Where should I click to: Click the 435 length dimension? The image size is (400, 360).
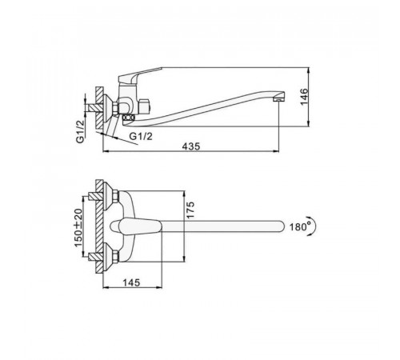click(191, 146)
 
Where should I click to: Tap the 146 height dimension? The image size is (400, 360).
click(304, 97)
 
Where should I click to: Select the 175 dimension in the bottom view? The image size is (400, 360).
click(190, 210)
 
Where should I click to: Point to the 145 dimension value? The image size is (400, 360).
click(131, 282)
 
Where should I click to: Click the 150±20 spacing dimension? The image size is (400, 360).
click(78, 228)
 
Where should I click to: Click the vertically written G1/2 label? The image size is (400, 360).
click(80, 132)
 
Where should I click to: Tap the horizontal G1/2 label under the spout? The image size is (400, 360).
click(141, 136)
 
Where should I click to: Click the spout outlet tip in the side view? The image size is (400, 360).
click(279, 99)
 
